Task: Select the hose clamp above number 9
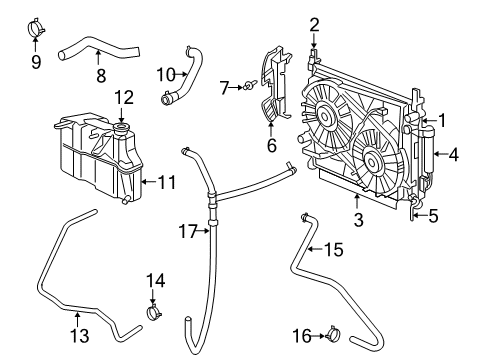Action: [37, 24]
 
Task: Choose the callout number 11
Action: [167, 182]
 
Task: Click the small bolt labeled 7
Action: [244, 89]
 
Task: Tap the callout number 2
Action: [314, 24]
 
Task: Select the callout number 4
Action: [454, 154]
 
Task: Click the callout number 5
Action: [434, 213]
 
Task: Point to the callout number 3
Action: [359, 217]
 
